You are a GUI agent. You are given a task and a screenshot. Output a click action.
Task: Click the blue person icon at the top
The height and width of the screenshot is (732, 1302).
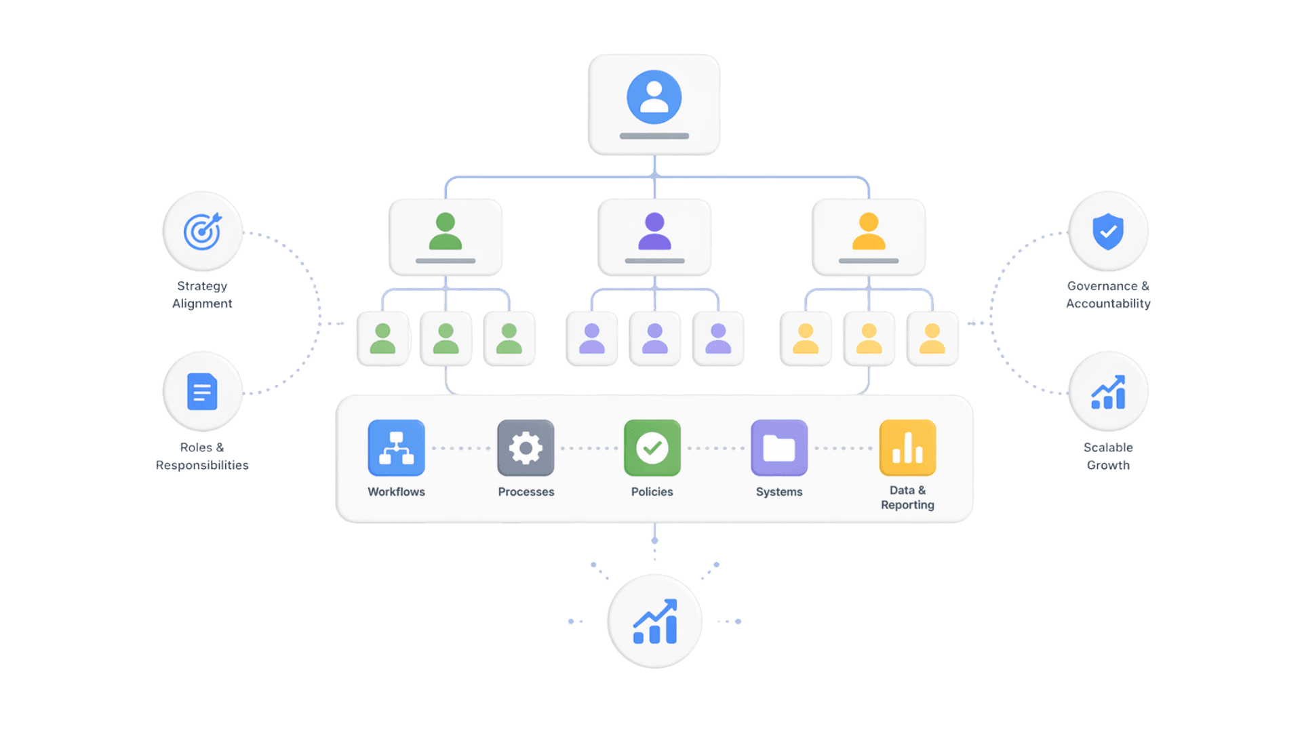point(654,97)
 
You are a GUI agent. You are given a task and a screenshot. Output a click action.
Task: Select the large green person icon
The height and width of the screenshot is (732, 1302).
point(446,231)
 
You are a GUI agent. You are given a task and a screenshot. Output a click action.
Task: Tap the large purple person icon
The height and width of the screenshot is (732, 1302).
point(654,231)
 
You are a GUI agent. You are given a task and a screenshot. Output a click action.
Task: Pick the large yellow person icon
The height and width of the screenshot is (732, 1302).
point(869,231)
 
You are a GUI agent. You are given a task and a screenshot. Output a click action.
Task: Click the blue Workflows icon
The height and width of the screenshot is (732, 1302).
point(396,448)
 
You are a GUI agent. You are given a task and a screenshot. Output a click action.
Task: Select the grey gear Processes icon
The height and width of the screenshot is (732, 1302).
point(526,448)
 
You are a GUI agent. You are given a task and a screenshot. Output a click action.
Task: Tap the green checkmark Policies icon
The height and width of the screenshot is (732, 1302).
point(652,448)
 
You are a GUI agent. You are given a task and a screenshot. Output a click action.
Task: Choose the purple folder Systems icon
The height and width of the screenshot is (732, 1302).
point(779,448)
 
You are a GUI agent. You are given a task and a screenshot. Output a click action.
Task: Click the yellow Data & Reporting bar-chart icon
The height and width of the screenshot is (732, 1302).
point(907,448)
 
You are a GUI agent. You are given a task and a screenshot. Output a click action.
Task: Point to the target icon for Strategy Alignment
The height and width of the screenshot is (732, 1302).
point(202,232)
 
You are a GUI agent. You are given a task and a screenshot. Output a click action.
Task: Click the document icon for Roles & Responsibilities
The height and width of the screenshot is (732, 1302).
point(202,392)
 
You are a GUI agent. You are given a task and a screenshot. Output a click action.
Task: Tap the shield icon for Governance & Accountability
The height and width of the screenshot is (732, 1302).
point(1108,232)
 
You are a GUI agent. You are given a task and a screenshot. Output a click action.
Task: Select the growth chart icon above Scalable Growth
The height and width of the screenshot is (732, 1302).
point(1108,392)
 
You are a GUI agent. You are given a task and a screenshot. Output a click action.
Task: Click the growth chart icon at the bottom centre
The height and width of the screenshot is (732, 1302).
point(654,621)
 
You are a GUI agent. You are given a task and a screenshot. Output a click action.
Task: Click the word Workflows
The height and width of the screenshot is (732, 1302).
point(396,492)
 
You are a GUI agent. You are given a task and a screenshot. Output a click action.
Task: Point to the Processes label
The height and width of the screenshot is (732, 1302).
point(526,492)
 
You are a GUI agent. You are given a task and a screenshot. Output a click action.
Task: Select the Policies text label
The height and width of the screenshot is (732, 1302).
point(652,492)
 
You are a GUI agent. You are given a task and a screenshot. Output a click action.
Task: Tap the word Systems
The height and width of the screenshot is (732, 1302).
point(779,492)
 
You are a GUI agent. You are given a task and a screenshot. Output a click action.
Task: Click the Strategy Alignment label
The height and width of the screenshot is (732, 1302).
point(202,295)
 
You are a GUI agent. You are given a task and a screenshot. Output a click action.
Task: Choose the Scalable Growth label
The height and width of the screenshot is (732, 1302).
point(1108,456)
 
